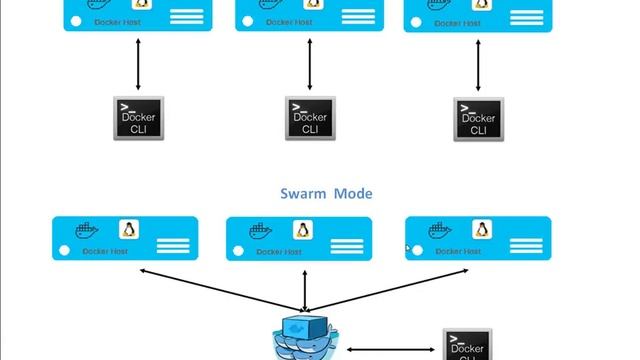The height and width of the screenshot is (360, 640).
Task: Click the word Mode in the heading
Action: pyautogui.click(x=353, y=192)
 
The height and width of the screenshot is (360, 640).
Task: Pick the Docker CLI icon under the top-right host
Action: pyautogui.click(x=478, y=119)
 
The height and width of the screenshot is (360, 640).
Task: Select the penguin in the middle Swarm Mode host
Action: pyautogui.click(x=300, y=229)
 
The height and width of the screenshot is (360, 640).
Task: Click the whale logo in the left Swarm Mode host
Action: pyautogui.click(x=89, y=232)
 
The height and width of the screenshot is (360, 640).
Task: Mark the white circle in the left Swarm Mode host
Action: pyautogui.click(x=66, y=251)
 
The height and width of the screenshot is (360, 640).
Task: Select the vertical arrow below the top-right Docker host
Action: pyautogui.click(x=478, y=64)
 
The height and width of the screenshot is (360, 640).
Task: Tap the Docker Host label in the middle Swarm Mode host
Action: pyautogui.click(x=277, y=252)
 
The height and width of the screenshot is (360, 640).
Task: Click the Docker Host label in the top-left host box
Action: pyautogui.click(x=117, y=20)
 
